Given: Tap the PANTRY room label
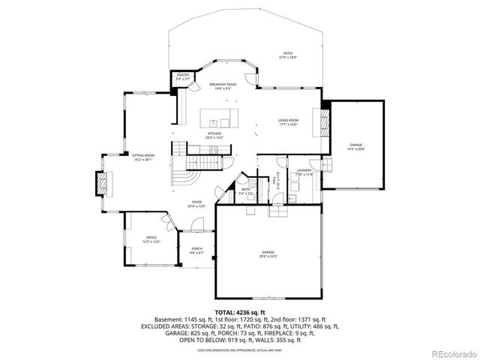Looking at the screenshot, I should click(183, 76).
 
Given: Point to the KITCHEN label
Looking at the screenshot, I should click(214, 136).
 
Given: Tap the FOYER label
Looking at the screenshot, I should click(196, 203).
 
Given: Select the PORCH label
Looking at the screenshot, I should click(196, 250).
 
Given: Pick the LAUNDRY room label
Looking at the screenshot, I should click(304, 172).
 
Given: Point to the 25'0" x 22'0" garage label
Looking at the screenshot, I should click(268, 254).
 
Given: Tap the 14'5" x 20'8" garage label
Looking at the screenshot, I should click(355, 146).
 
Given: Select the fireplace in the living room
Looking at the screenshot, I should click(324, 120).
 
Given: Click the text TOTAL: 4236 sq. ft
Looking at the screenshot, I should click(240, 311).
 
